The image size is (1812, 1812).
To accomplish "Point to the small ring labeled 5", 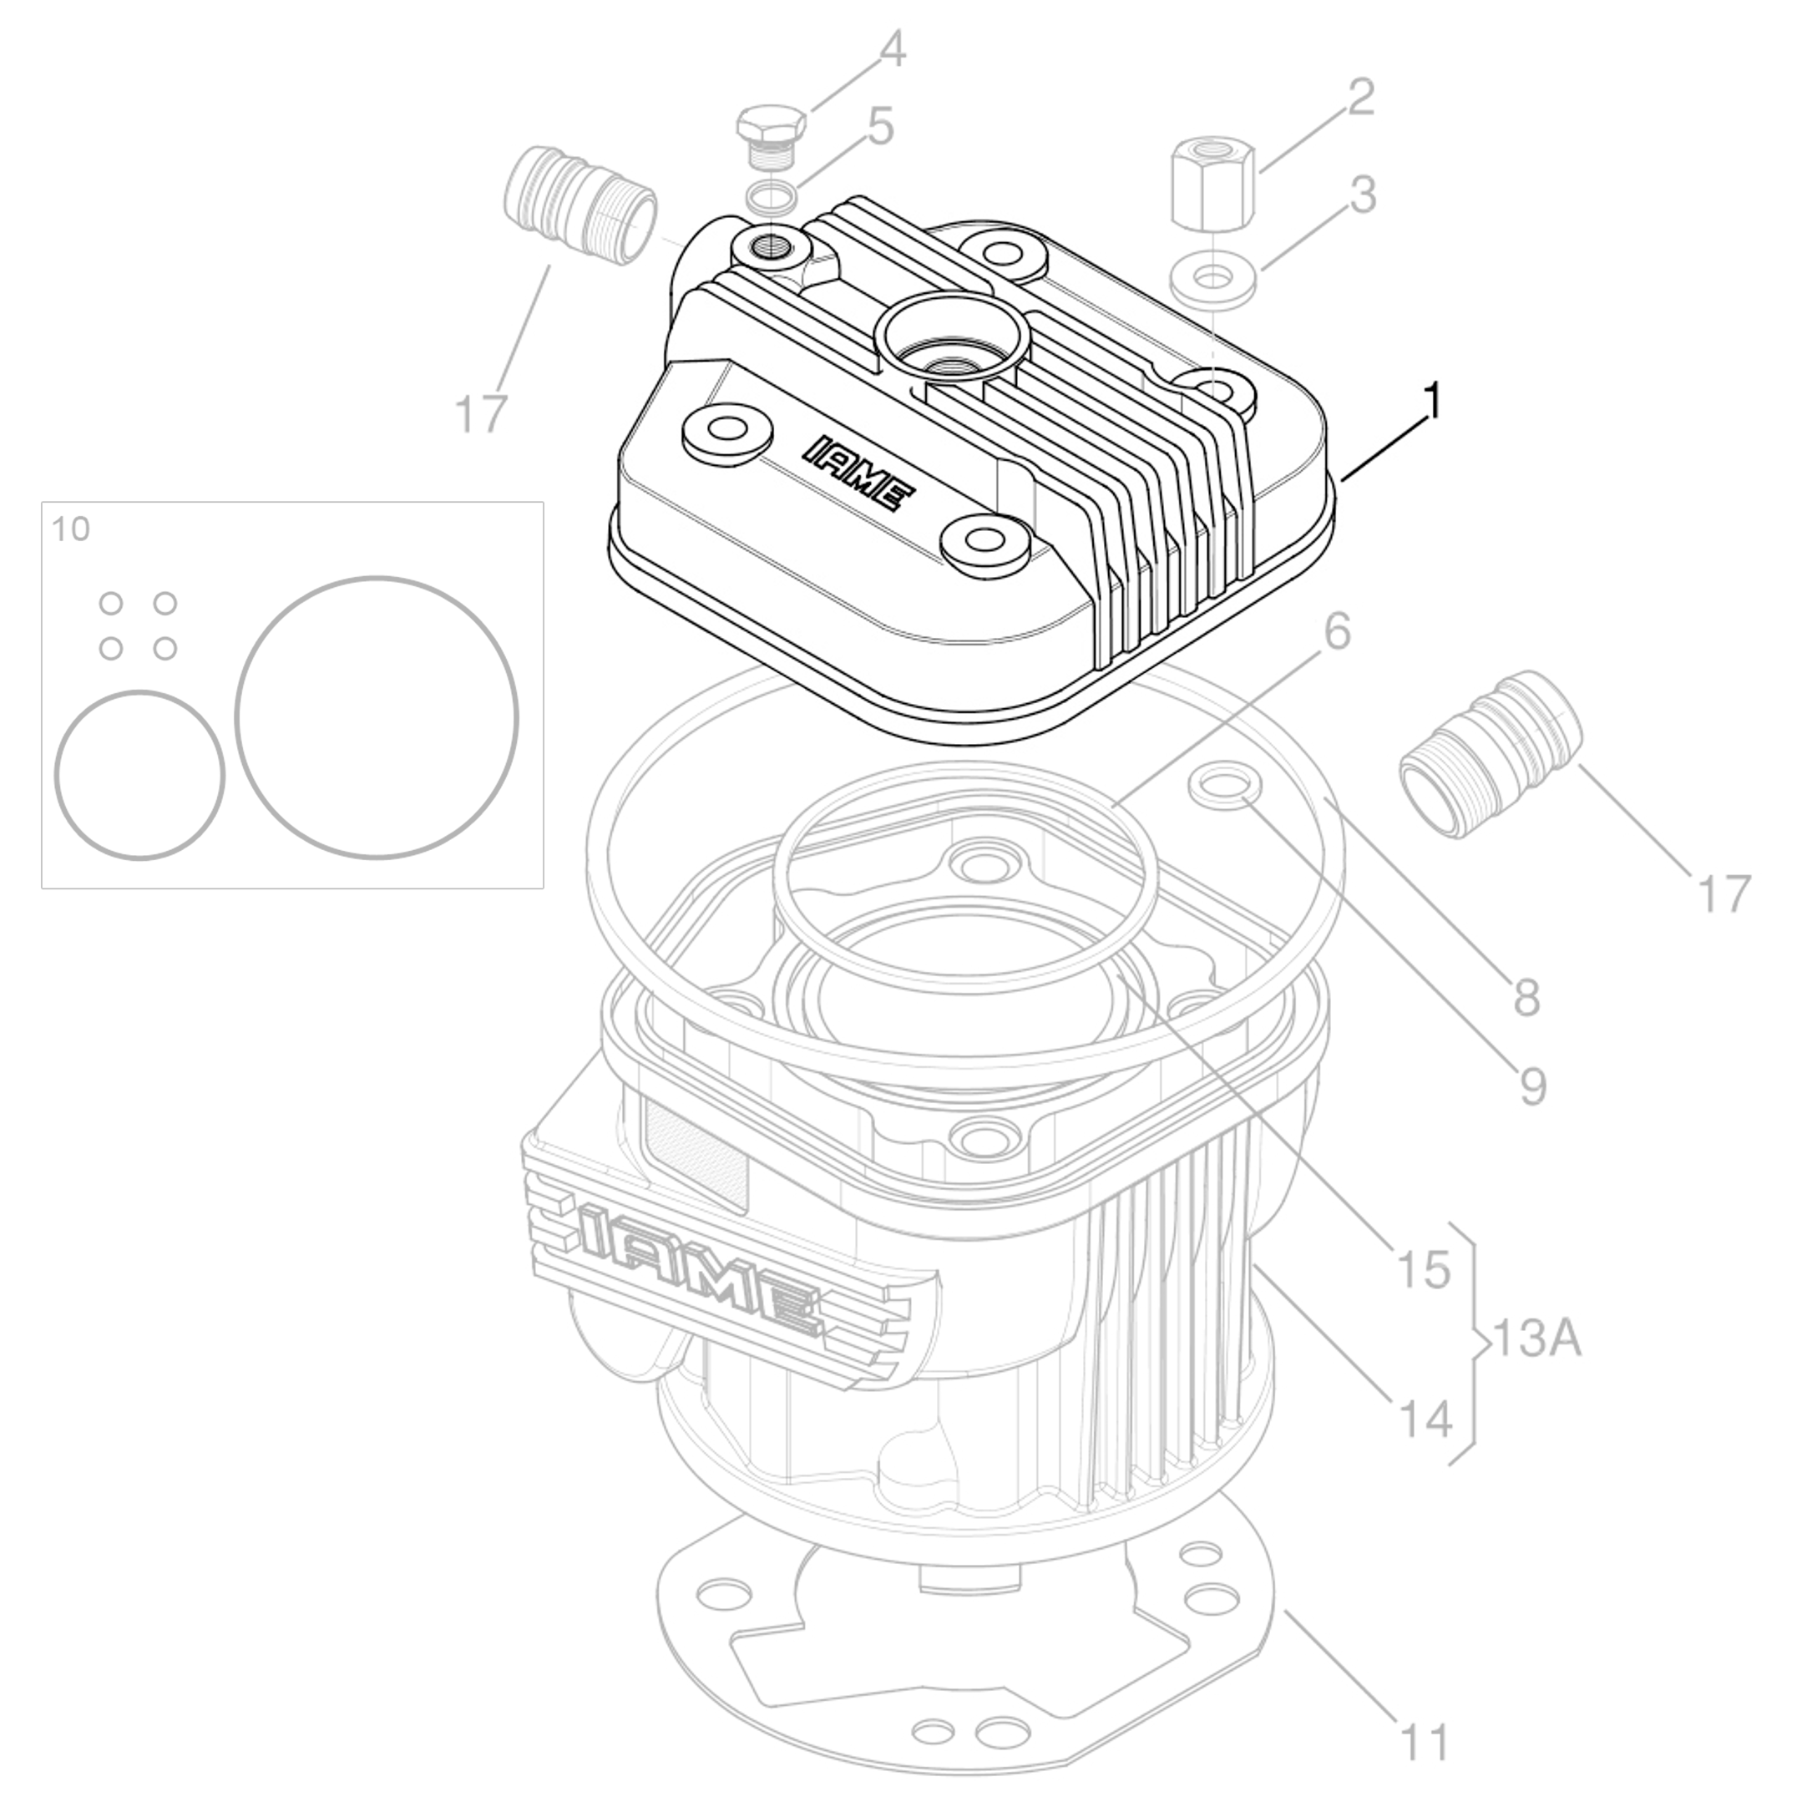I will tap(773, 198).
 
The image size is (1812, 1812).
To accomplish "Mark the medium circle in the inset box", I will tap(139, 775).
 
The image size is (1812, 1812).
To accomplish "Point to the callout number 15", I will tap(1423, 1270).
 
